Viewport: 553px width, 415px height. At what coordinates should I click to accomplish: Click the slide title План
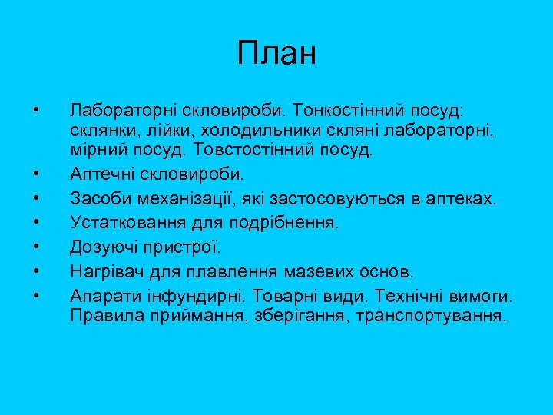pos(276,54)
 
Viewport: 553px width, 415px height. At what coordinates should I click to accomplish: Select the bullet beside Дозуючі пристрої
pos(37,246)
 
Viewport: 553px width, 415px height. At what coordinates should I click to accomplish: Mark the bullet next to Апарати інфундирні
pos(37,294)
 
